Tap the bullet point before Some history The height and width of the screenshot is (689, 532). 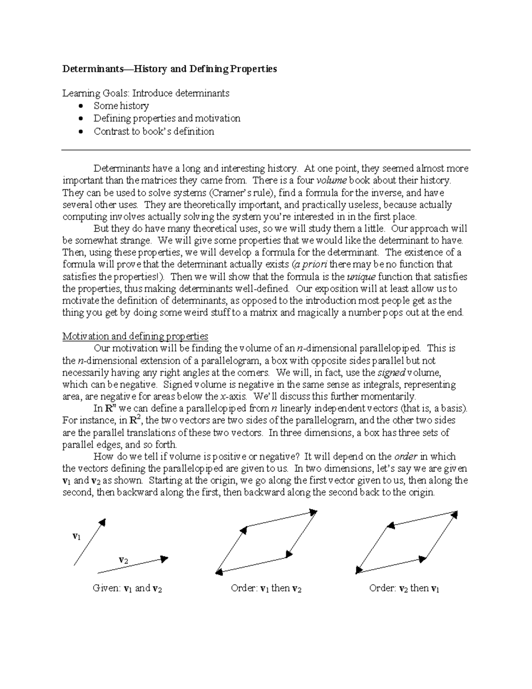point(80,106)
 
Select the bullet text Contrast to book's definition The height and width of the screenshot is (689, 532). point(153,131)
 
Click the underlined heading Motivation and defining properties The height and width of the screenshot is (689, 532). point(135,336)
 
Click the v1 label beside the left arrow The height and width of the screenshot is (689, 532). point(76,536)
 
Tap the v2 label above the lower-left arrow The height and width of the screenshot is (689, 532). point(123,559)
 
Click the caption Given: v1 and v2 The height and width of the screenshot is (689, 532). point(127,589)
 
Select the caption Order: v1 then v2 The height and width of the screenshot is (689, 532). point(266,589)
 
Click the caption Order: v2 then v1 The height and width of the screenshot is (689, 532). point(404,589)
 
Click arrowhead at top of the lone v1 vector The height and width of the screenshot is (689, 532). point(102,522)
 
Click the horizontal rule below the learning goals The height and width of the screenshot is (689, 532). point(266,150)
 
